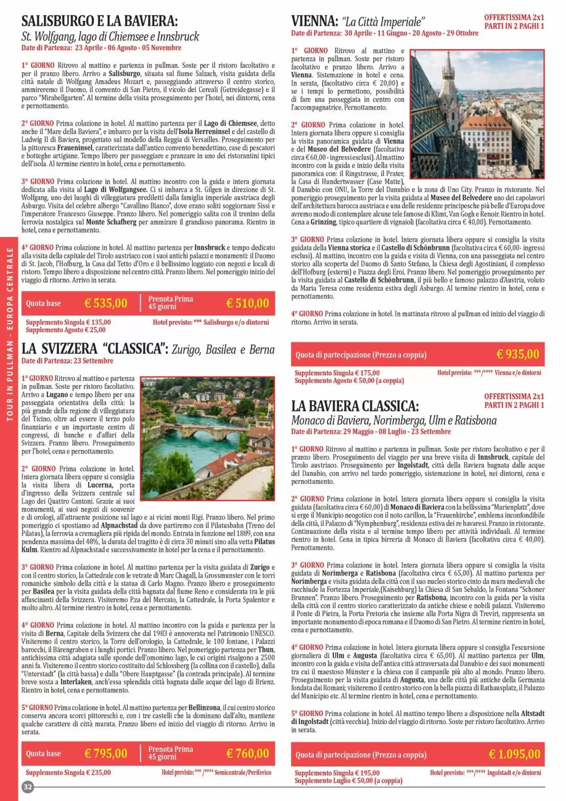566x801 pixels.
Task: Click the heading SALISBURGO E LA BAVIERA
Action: click(x=99, y=21)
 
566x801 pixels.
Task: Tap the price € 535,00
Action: click(x=106, y=303)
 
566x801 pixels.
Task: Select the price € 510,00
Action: click(x=247, y=303)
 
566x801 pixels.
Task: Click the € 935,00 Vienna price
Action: click(x=518, y=354)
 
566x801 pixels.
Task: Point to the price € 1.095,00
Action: click(x=514, y=754)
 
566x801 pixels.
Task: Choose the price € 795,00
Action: click(x=106, y=753)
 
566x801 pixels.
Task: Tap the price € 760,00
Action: click(x=247, y=753)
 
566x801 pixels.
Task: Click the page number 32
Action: click(x=28, y=787)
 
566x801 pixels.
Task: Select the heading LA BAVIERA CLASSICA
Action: click(x=355, y=406)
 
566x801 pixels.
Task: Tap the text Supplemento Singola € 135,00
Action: click(x=68, y=322)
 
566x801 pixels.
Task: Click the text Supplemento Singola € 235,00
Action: click(x=68, y=773)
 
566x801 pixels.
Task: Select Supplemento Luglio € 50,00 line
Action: click(x=348, y=781)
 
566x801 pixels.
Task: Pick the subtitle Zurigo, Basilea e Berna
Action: click(x=223, y=350)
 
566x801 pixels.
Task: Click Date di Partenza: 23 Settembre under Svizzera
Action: click(x=67, y=361)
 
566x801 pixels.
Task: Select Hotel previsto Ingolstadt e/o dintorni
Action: click(x=485, y=773)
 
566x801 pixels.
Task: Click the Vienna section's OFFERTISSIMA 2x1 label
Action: click(x=514, y=18)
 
